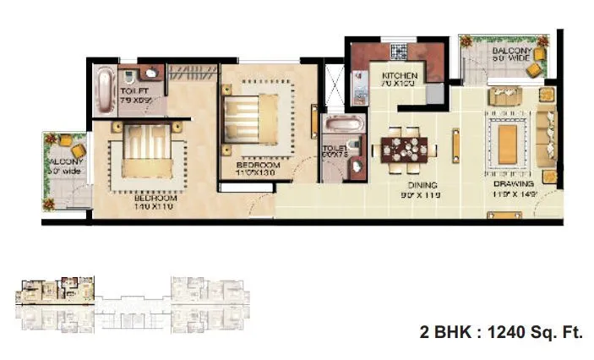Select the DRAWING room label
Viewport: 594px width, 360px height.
[x=514, y=183]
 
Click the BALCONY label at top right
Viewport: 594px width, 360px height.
[x=513, y=52]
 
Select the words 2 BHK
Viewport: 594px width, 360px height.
[x=445, y=332]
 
